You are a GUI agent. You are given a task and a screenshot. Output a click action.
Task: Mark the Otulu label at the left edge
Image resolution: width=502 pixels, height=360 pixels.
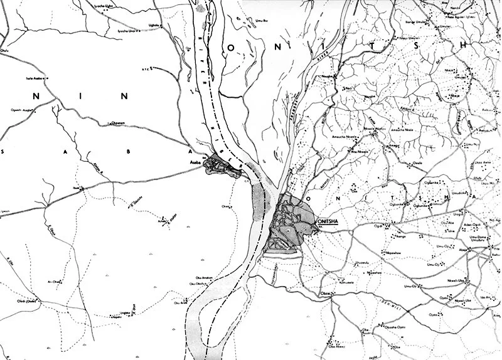coord(6,52)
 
